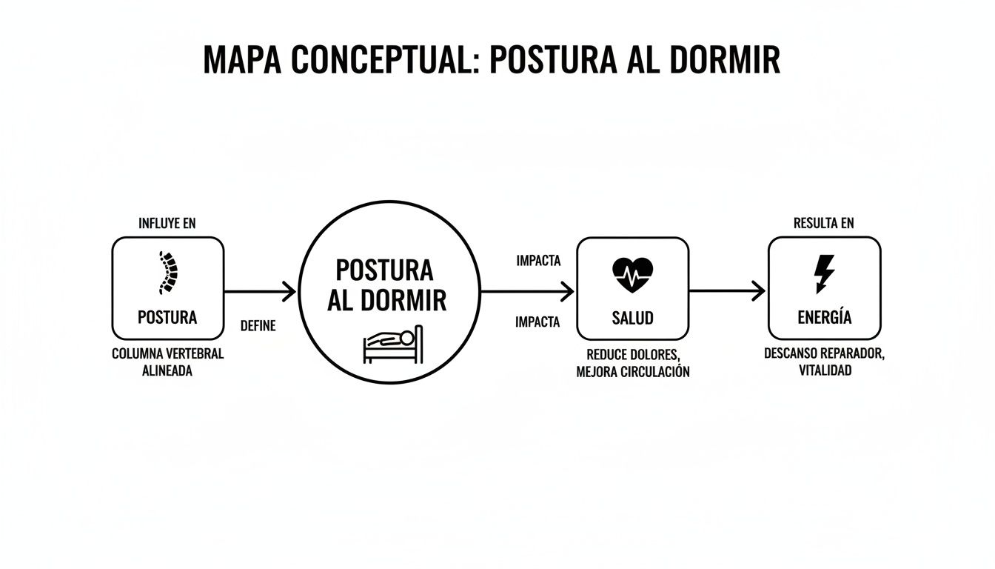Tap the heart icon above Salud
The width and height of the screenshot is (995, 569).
point(632,275)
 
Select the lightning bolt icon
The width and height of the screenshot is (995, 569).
point(824,274)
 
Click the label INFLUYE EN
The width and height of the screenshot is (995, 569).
point(167,223)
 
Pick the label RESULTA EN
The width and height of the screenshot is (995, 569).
point(824,223)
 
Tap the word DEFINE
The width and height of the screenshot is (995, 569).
point(258,325)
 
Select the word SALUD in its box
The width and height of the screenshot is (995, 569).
point(632,318)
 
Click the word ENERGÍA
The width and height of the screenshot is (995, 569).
point(824,318)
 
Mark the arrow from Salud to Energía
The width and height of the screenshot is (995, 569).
point(727,291)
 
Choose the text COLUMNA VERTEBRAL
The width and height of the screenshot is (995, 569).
point(167,354)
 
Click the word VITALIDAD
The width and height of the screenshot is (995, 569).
point(825,370)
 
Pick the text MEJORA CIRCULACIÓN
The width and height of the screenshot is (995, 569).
point(632,372)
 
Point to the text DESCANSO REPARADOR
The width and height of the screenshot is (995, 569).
point(824,353)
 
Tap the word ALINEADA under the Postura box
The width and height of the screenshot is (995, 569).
point(167,371)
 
